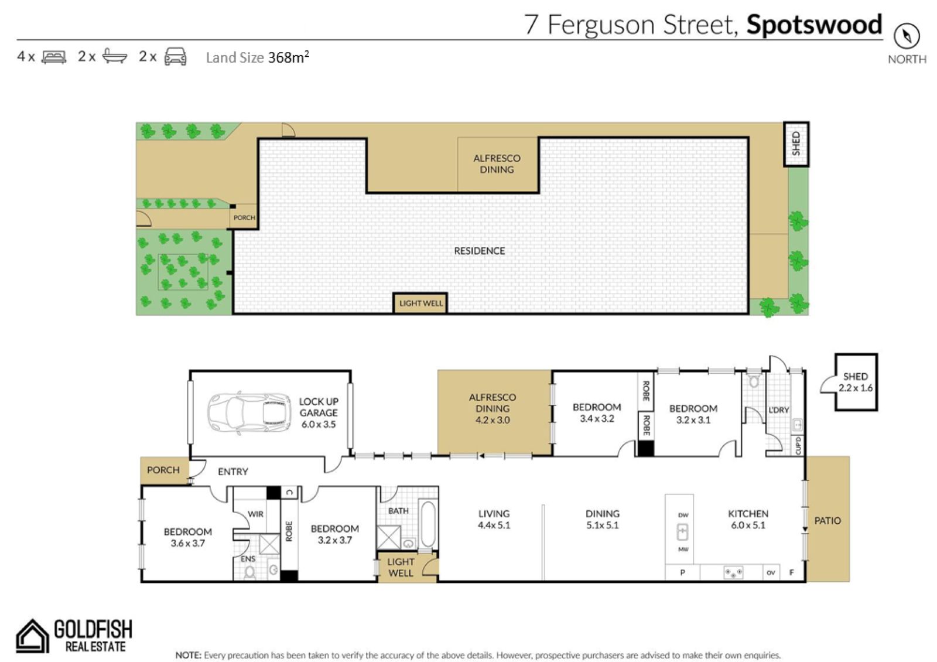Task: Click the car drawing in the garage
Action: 249,413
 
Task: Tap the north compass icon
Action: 907,36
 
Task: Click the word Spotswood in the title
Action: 814,25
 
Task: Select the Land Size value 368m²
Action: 288,57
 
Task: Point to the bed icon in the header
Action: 54,57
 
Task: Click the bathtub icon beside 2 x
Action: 115,56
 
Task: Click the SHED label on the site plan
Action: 796,144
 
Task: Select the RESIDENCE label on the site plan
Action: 480,251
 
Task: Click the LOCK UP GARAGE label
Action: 319,412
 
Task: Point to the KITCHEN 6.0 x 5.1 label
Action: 748,519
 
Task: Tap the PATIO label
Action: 827,521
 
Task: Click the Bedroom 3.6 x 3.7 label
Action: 188,537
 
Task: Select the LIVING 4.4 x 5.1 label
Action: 494,519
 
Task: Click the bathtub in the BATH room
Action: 428,524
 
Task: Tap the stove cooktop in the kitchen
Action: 733,572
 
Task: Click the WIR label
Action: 255,514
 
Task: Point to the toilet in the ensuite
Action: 249,572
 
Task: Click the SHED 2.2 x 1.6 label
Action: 856,382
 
